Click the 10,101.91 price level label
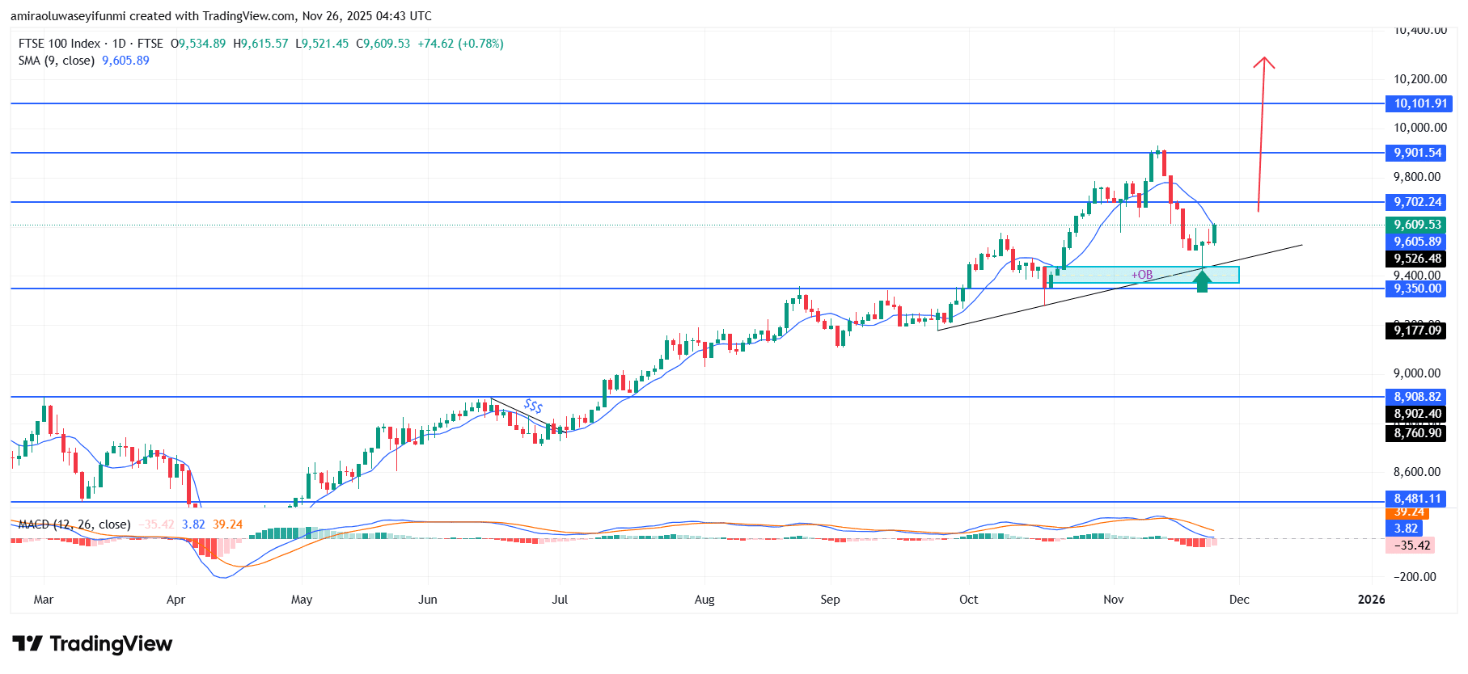(x=1419, y=103)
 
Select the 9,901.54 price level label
(x=1417, y=153)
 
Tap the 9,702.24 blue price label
(x=1417, y=202)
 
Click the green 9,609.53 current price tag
(x=1417, y=225)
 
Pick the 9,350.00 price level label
(x=1417, y=289)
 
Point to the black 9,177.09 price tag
(x=1417, y=330)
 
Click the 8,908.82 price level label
(x=1417, y=397)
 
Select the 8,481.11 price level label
(x=1417, y=499)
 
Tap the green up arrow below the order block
(x=1202, y=280)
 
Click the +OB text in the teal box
(x=1142, y=275)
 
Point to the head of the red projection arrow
(x=1264, y=61)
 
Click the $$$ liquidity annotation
(x=533, y=406)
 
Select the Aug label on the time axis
(x=704, y=600)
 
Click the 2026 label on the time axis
(x=1371, y=600)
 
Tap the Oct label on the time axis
(x=968, y=600)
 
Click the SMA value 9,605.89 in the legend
(x=125, y=61)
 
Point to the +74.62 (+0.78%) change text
(x=460, y=44)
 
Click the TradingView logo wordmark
(x=93, y=644)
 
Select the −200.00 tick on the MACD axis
(x=1415, y=577)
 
